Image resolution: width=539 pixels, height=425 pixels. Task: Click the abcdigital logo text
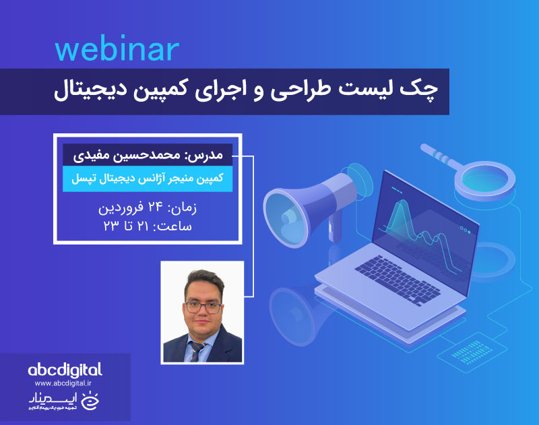[65, 370]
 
